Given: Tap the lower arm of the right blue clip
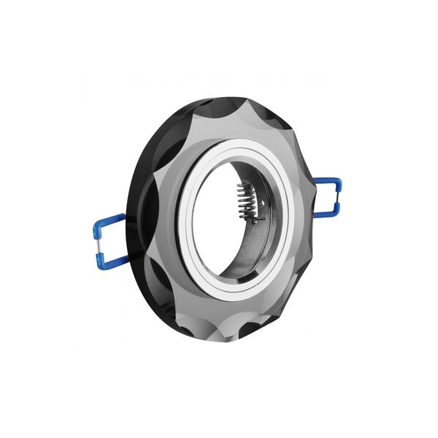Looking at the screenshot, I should pos(326,212).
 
